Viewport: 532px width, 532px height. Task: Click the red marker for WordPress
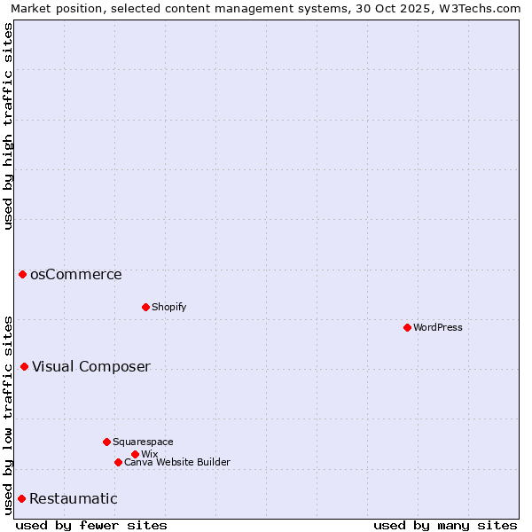407,327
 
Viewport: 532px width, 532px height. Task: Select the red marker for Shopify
145,307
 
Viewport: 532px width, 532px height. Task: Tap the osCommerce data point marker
22,274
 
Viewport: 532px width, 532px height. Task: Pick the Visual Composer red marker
24,366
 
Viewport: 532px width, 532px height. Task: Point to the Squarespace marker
106,442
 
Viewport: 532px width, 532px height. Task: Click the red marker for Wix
135,454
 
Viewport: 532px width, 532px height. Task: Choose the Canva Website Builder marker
118,462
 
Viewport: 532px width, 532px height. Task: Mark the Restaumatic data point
21,498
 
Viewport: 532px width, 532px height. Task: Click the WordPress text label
438,327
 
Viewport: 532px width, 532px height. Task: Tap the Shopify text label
168,307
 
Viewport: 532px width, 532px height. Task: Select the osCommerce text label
76,275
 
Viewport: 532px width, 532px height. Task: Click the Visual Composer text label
91,367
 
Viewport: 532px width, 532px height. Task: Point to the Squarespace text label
143,442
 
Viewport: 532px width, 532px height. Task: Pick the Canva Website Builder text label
177,462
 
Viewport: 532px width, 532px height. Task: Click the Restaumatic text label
74,499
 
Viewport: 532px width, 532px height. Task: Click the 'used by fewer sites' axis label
91,525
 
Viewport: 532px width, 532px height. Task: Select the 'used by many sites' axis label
445,525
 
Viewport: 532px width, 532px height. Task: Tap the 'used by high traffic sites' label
8,126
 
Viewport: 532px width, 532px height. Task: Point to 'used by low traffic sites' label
8,414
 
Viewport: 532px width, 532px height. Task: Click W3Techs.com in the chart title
486,8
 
